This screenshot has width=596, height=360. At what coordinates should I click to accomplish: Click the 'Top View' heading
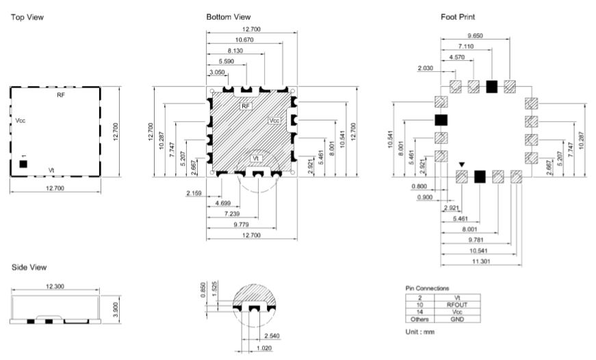coord(27,17)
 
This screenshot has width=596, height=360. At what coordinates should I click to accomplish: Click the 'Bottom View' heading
coord(229,16)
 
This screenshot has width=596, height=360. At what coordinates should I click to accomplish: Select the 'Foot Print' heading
coord(458,16)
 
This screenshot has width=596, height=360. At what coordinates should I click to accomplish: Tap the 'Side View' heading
coord(29,267)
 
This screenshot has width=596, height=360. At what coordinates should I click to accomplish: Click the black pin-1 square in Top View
coord(23,164)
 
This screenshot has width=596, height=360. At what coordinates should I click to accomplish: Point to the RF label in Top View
coord(61,95)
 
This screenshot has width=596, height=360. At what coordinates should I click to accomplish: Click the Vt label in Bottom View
coord(256,158)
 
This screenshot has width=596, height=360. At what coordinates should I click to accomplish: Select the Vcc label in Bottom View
coord(274,120)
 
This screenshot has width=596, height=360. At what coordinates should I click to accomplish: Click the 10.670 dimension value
coord(244,40)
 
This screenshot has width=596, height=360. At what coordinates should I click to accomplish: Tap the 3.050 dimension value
coord(217,73)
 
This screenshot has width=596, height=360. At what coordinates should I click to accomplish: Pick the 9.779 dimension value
coord(241,224)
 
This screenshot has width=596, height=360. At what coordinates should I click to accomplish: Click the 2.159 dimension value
coord(194,193)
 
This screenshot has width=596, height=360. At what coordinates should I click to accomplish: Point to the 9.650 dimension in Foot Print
coord(475,36)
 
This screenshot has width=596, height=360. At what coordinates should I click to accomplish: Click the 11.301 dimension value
coord(481,261)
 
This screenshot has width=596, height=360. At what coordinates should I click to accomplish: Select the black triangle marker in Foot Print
coord(461,165)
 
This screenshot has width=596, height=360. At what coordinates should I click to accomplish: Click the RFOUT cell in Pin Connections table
coord(457,305)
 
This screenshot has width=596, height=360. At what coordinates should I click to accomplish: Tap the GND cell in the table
coord(457,320)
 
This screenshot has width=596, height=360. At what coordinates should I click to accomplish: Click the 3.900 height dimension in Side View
coord(116,309)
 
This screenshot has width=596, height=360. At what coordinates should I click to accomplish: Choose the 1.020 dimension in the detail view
coord(264,348)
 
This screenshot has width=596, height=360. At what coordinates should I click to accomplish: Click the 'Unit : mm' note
coord(420,332)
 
